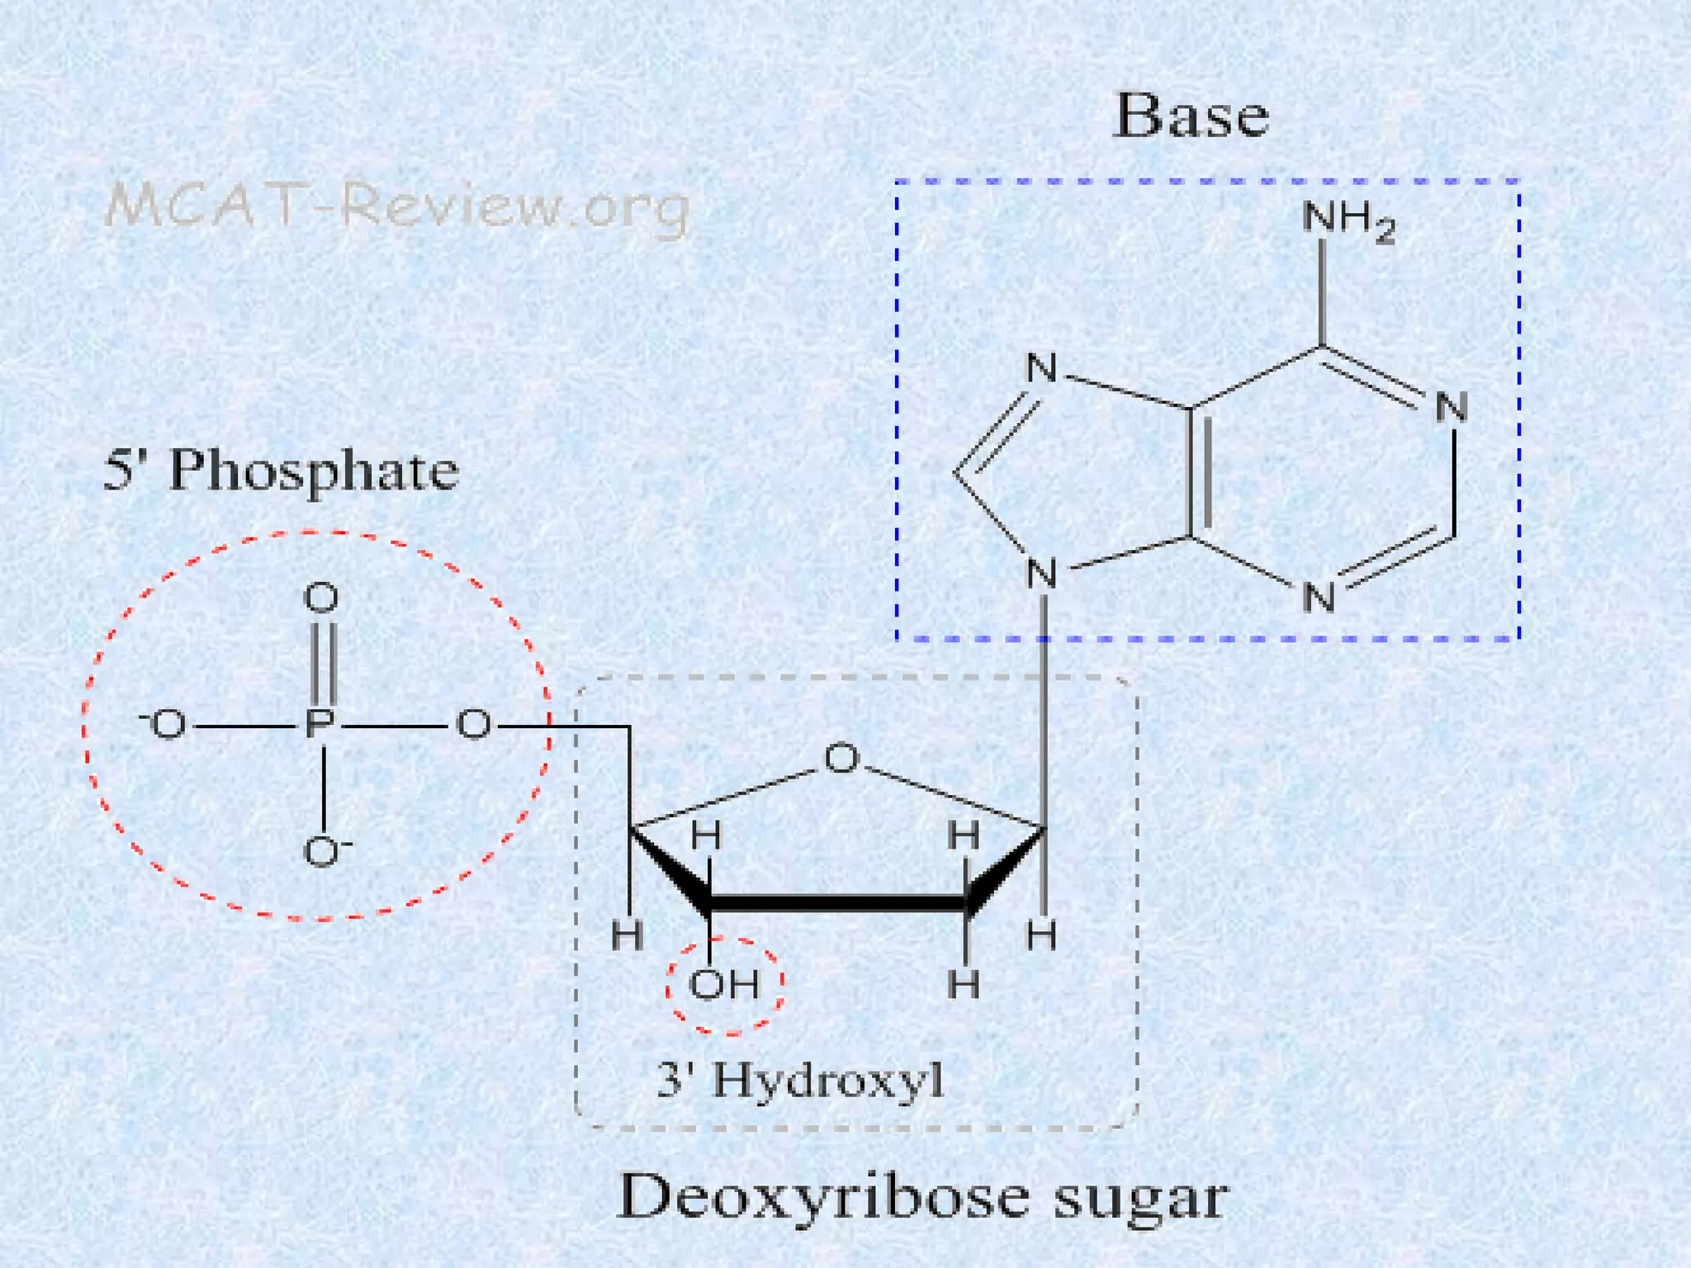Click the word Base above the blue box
click(x=1191, y=116)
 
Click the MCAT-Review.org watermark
click(x=397, y=206)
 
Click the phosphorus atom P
click(x=320, y=725)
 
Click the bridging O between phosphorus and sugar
click(x=474, y=725)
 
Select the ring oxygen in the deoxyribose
click(x=841, y=758)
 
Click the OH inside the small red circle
click(x=724, y=984)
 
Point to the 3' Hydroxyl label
click(x=800, y=1080)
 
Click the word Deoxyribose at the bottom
click(x=824, y=1198)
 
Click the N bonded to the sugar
click(x=1042, y=574)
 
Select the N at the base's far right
click(x=1451, y=408)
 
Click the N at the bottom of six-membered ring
click(x=1319, y=598)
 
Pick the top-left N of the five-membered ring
click(x=1041, y=368)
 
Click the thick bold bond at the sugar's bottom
click(x=837, y=903)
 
